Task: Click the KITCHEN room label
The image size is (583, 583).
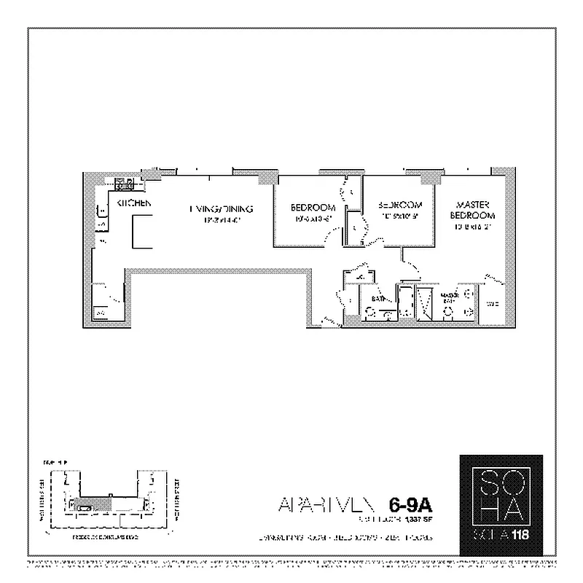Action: point(133,203)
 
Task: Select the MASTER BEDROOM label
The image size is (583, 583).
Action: point(472,210)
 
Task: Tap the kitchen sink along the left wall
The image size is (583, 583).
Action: point(102,212)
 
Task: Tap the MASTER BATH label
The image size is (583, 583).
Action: point(448,297)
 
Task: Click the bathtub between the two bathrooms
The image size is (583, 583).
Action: point(404,302)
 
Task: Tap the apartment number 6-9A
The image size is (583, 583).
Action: point(412,504)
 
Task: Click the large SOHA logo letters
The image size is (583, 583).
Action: point(501,492)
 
